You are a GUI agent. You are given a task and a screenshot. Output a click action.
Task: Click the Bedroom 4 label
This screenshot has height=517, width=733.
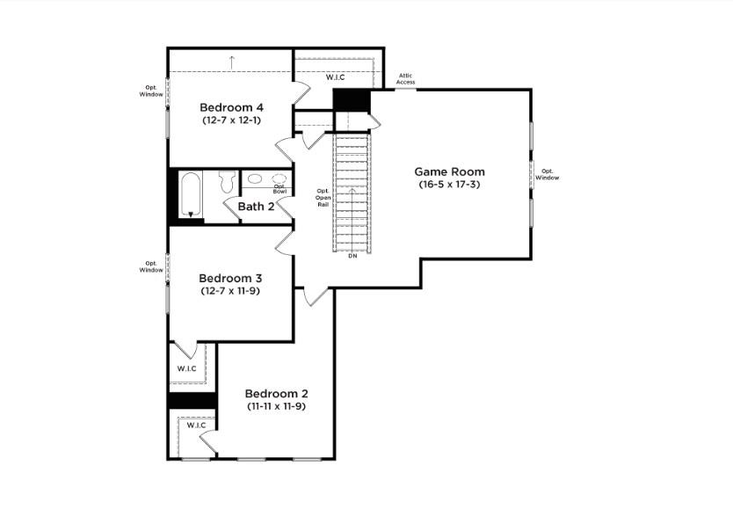point(231,107)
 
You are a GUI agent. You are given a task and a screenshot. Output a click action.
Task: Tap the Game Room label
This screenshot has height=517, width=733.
point(449,171)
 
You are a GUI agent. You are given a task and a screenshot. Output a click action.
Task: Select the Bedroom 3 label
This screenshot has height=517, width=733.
point(230,278)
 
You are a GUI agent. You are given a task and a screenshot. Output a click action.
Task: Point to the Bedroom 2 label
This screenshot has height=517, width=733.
point(276,393)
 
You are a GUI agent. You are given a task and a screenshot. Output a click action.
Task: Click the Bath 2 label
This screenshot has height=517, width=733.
point(256,207)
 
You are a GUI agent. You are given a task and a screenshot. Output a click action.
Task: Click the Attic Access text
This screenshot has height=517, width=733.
point(405,79)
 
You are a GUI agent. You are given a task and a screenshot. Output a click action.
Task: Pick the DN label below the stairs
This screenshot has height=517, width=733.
point(352,256)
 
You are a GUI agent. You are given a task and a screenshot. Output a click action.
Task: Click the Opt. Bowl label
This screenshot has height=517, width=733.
point(279,188)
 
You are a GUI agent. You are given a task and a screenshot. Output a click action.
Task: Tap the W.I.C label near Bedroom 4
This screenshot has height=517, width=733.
point(335,77)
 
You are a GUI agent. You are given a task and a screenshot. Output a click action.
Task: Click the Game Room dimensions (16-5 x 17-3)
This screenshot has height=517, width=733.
point(449,185)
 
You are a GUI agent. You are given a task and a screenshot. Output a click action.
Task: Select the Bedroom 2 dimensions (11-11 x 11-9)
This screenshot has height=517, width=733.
point(276,406)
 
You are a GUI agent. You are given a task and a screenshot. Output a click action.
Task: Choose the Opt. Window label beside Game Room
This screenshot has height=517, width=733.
point(547,174)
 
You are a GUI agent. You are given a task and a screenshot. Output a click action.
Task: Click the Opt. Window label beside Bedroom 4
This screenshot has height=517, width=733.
point(150,91)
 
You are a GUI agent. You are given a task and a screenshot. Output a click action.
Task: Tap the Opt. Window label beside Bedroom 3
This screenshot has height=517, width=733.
point(150,266)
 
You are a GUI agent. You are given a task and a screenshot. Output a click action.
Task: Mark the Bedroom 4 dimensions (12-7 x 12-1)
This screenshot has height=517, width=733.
point(231,120)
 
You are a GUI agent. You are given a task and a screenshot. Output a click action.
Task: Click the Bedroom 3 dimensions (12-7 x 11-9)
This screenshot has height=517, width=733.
point(230,290)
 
